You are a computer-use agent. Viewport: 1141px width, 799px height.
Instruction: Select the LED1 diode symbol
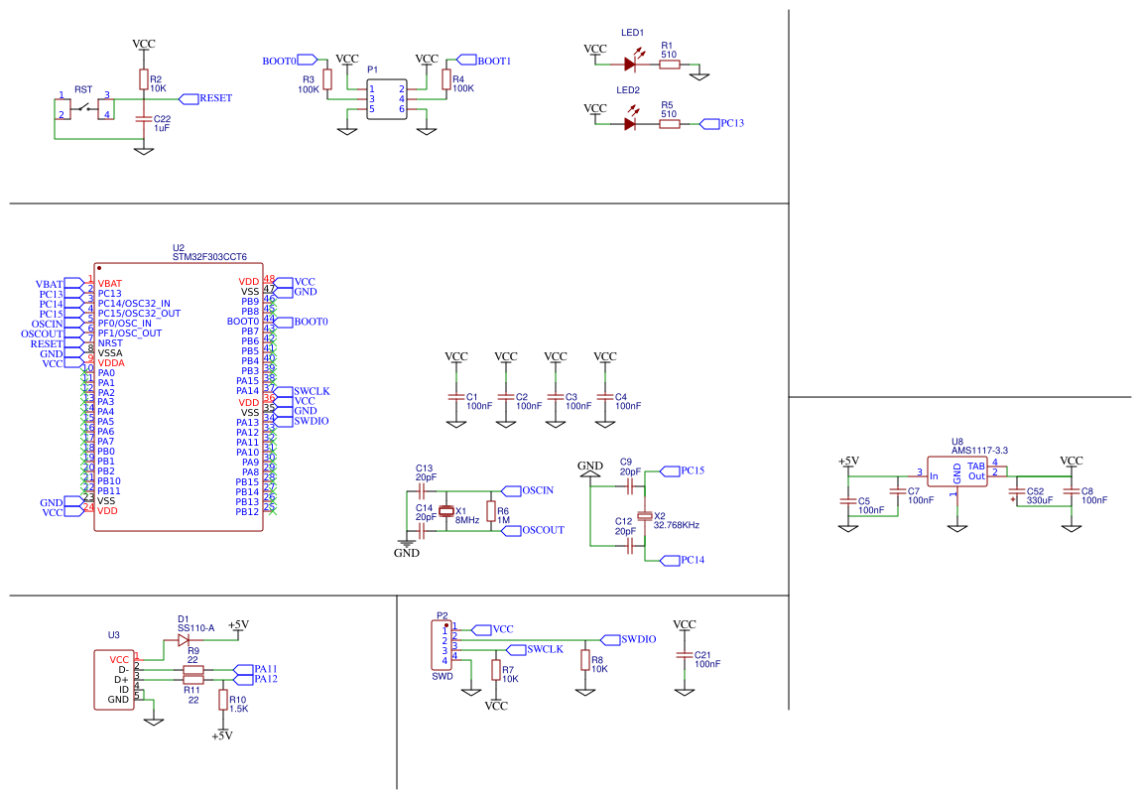[x=630, y=64]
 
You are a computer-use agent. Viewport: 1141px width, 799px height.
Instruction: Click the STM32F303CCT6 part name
[x=209, y=257]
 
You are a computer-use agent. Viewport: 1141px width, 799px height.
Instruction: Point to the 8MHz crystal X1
[x=446, y=511]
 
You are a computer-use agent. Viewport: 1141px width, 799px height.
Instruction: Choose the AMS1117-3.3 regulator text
[x=979, y=451]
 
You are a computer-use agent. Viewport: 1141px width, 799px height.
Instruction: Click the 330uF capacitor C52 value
[x=1040, y=501]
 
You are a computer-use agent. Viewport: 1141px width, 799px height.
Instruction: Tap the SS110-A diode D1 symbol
[x=183, y=640]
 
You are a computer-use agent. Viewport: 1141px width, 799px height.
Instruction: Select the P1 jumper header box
[x=387, y=98]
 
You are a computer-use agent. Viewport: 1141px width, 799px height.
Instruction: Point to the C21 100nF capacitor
[x=685, y=656]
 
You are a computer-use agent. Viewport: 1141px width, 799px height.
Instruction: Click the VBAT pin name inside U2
[x=110, y=284]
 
